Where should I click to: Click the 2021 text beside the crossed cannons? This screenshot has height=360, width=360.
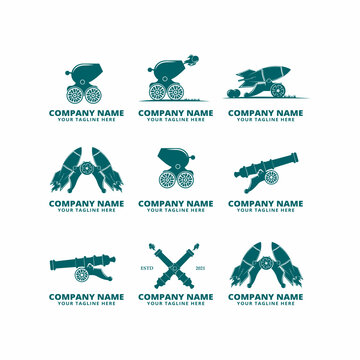coord(201,268)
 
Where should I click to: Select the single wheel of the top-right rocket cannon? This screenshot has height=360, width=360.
coord(276,91)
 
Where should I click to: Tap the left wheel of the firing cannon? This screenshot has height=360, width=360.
coord(159,92)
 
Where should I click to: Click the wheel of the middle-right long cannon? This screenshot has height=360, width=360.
coord(271,177)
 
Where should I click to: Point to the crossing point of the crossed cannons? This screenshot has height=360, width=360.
coord(176,262)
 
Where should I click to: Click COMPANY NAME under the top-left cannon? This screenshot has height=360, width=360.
coord(86,113)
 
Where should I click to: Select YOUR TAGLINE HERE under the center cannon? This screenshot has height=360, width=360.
coord(176,210)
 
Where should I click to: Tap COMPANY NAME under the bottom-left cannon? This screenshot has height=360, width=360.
coord(86,296)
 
